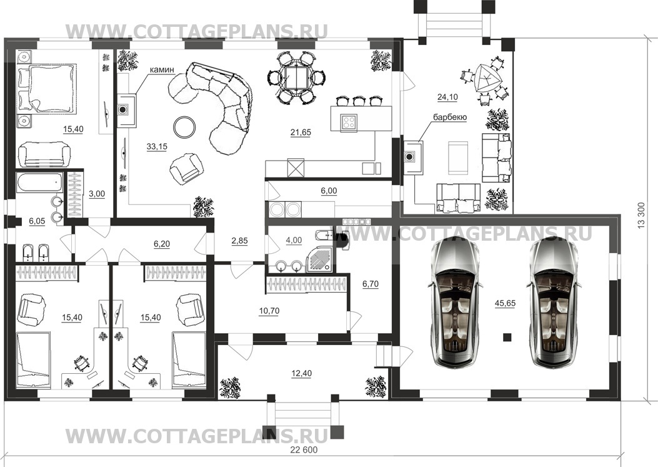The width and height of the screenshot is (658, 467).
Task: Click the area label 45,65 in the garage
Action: [505, 303]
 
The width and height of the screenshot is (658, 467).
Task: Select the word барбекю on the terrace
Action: [450, 118]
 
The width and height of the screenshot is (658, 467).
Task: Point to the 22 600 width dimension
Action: [304, 449]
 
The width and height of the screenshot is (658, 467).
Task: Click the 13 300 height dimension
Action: [641, 215]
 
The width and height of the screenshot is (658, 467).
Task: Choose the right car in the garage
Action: [554, 303]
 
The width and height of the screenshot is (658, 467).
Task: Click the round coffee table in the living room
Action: [184, 127]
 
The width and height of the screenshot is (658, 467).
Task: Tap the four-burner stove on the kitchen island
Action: [349, 122]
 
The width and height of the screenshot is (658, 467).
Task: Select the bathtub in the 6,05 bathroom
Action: [40, 183]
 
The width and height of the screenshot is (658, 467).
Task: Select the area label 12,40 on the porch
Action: [301, 373]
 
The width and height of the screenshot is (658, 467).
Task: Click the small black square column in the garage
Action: [507, 336]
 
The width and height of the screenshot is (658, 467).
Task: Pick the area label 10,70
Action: [269, 311]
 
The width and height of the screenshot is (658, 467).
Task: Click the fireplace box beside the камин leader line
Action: [126, 111]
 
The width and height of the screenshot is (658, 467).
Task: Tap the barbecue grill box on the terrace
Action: [413, 157]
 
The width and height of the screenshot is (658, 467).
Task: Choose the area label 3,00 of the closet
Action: [97, 194]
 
